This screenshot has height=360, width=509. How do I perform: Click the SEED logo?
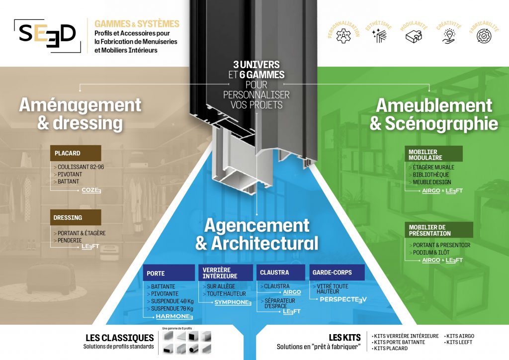(47, 35)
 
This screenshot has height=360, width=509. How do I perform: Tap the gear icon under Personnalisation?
(343, 36)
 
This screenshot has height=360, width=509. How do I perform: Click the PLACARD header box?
(76, 153)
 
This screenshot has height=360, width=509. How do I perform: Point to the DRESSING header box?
(76, 217)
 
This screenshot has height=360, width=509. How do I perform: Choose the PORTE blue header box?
(169, 273)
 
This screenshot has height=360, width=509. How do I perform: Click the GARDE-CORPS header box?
(337, 272)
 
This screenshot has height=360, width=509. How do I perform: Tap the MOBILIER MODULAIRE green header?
(433, 154)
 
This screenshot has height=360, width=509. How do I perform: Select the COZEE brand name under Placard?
(91, 190)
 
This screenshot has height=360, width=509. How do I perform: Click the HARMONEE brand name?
(174, 316)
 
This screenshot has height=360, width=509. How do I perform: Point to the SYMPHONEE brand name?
(233, 302)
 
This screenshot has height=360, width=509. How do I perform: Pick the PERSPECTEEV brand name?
(343, 299)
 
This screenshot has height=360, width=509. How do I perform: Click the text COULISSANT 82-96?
(81, 167)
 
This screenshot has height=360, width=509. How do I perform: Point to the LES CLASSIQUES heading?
(119, 338)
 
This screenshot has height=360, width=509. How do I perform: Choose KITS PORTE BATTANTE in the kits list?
(399, 342)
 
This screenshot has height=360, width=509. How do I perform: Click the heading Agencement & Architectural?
(256, 235)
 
